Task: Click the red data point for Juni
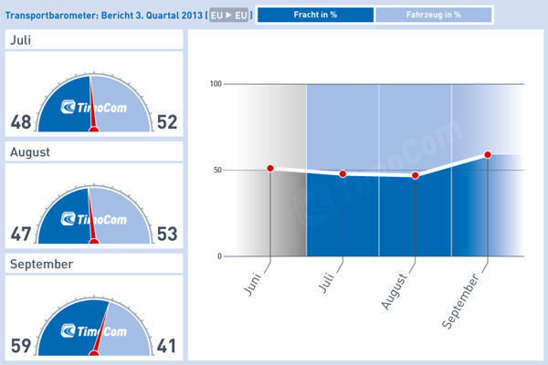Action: pos(270,169)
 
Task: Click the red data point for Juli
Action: pos(342,174)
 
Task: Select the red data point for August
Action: pos(416,175)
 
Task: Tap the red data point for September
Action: pos(488,154)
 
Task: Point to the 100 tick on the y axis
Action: pos(216,84)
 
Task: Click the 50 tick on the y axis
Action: pos(218,170)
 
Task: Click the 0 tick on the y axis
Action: pos(220,256)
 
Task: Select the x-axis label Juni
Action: pos(255,278)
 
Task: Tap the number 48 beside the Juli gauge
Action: pos(22,123)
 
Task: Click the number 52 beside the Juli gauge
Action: pos(167,123)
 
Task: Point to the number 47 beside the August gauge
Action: pos(22,235)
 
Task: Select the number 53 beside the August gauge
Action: pos(167,235)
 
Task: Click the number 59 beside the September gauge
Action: pos(22,346)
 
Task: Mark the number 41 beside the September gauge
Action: pos(167,346)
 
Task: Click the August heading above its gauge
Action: pos(30,152)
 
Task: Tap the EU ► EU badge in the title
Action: pos(229,16)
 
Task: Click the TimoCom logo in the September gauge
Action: pos(94,330)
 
